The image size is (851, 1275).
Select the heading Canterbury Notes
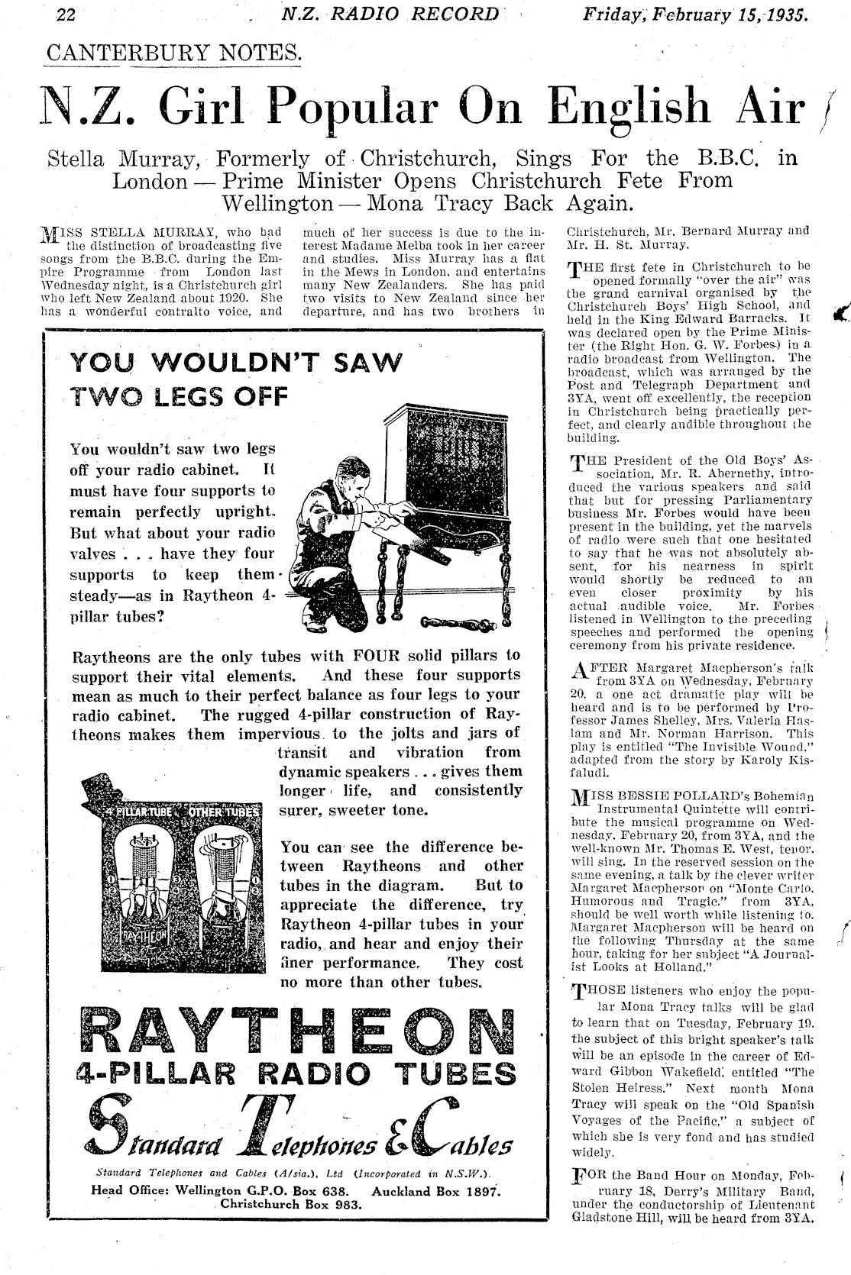click(173, 53)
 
